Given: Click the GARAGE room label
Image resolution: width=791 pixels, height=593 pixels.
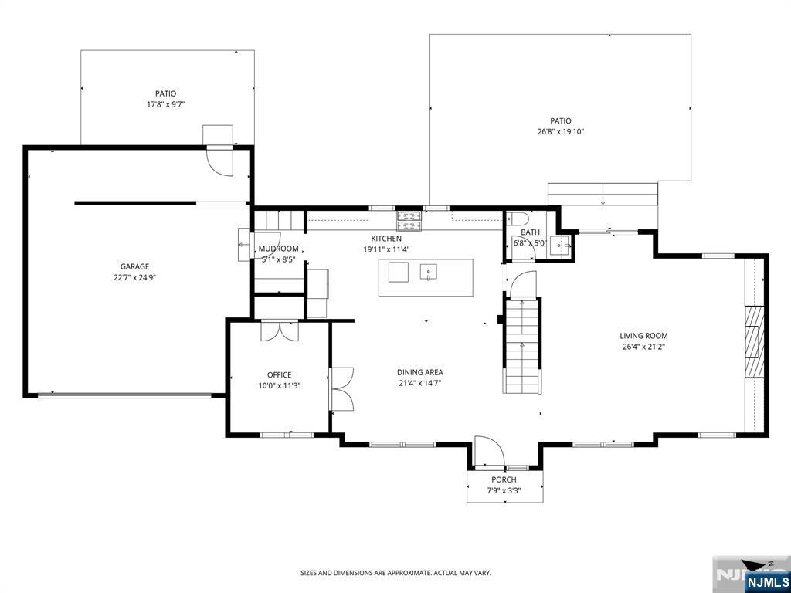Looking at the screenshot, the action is click(134, 266).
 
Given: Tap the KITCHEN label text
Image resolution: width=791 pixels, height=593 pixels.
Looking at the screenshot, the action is click(386, 239).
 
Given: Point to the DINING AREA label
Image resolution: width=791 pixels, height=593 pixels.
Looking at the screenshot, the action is click(419, 373).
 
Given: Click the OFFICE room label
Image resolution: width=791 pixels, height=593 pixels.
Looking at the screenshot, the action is click(279, 375).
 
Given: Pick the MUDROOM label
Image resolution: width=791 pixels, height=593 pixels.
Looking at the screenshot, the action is click(278, 249).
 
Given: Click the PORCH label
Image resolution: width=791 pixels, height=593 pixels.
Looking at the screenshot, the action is click(504, 480).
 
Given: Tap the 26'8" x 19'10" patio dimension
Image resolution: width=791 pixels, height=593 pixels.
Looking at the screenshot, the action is click(561, 132).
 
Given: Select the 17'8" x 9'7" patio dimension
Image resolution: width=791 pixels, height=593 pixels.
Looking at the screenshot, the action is click(165, 104).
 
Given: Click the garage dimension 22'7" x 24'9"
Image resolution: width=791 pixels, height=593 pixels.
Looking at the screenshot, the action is click(134, 277).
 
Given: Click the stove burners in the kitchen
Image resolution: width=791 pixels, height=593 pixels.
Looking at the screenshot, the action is click(409, 220).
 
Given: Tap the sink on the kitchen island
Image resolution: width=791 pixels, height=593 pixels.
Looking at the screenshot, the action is click(428, 272).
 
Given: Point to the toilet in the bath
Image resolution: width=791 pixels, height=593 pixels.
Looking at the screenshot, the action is click(518, 219).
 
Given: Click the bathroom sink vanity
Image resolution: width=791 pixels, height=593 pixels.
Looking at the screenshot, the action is click(561, 246).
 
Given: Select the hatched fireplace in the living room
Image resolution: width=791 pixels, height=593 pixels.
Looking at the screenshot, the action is click(755, 341).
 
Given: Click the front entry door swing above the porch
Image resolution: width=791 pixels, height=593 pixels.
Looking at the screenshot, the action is click(489, 450).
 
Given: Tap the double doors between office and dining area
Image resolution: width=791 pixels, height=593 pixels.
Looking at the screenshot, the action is click(341, 389).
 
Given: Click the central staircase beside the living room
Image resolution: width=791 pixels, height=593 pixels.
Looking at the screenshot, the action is click(522, 346).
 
